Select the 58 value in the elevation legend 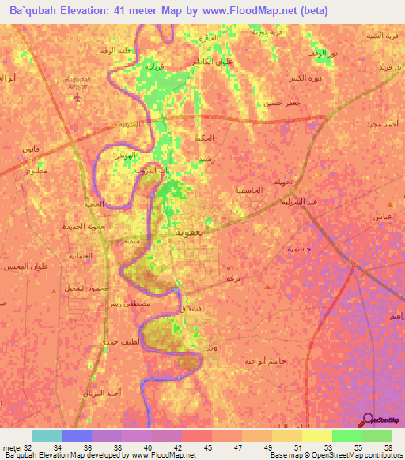point(388,447)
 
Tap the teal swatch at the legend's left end point(46,435)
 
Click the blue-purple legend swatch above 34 point(77,435)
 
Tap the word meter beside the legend point(10,447)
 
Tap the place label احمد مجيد point(384,125)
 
